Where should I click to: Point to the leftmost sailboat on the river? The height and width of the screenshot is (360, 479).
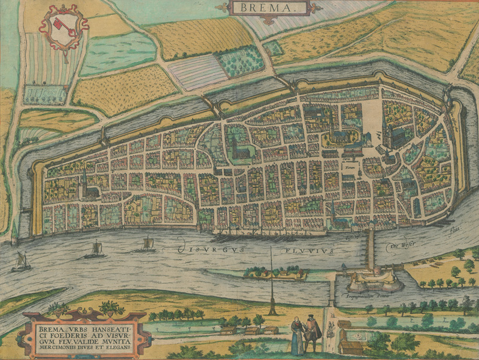click(x=20, y=261)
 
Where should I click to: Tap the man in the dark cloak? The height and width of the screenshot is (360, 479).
click(x=311, y=334)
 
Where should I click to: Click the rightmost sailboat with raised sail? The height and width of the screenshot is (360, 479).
click(x=147, y=244)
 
